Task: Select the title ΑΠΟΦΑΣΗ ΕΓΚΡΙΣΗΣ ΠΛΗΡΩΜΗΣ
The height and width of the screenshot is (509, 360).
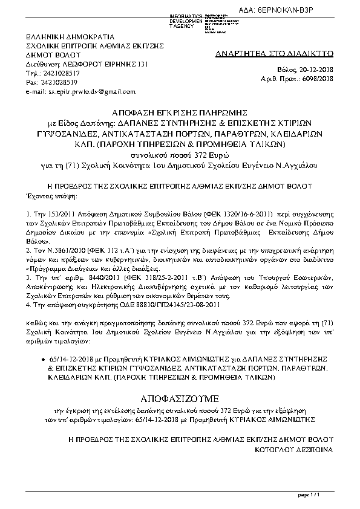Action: coord(180,112)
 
